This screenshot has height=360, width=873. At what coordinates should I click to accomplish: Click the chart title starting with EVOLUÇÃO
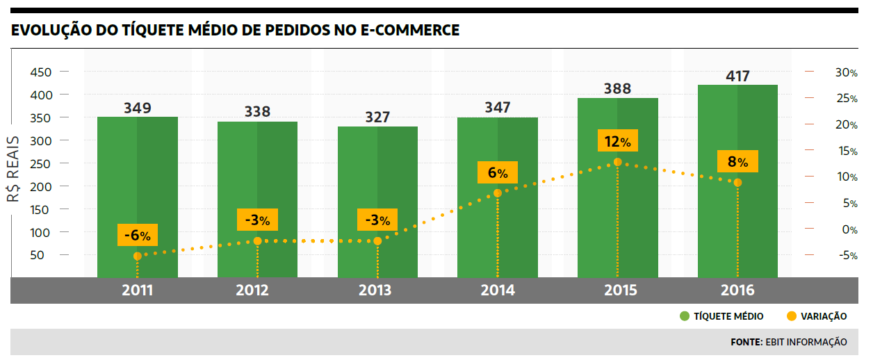[235, 31]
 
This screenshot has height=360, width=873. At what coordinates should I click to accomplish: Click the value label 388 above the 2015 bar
[617, 88]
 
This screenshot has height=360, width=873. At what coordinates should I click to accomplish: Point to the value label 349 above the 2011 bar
[138, 108]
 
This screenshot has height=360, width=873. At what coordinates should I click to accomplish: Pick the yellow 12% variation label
[617, 142]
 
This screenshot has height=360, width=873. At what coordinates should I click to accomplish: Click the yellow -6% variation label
[138, 235]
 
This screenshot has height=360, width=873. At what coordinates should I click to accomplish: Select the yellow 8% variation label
[737, 163]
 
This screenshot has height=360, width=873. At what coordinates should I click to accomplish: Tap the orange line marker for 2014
[498, 193]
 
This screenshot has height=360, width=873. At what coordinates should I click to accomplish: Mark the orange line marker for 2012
[257, 240]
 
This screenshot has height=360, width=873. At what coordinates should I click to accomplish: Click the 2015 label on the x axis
[617, 291]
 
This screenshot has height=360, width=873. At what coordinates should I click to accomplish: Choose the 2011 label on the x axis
[138, 291]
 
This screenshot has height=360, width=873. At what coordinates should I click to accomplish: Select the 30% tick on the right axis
[846, 72]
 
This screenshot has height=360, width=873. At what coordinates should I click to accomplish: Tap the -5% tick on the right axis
[846, 255]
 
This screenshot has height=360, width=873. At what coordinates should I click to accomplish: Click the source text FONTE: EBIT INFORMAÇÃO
[788, 342]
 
